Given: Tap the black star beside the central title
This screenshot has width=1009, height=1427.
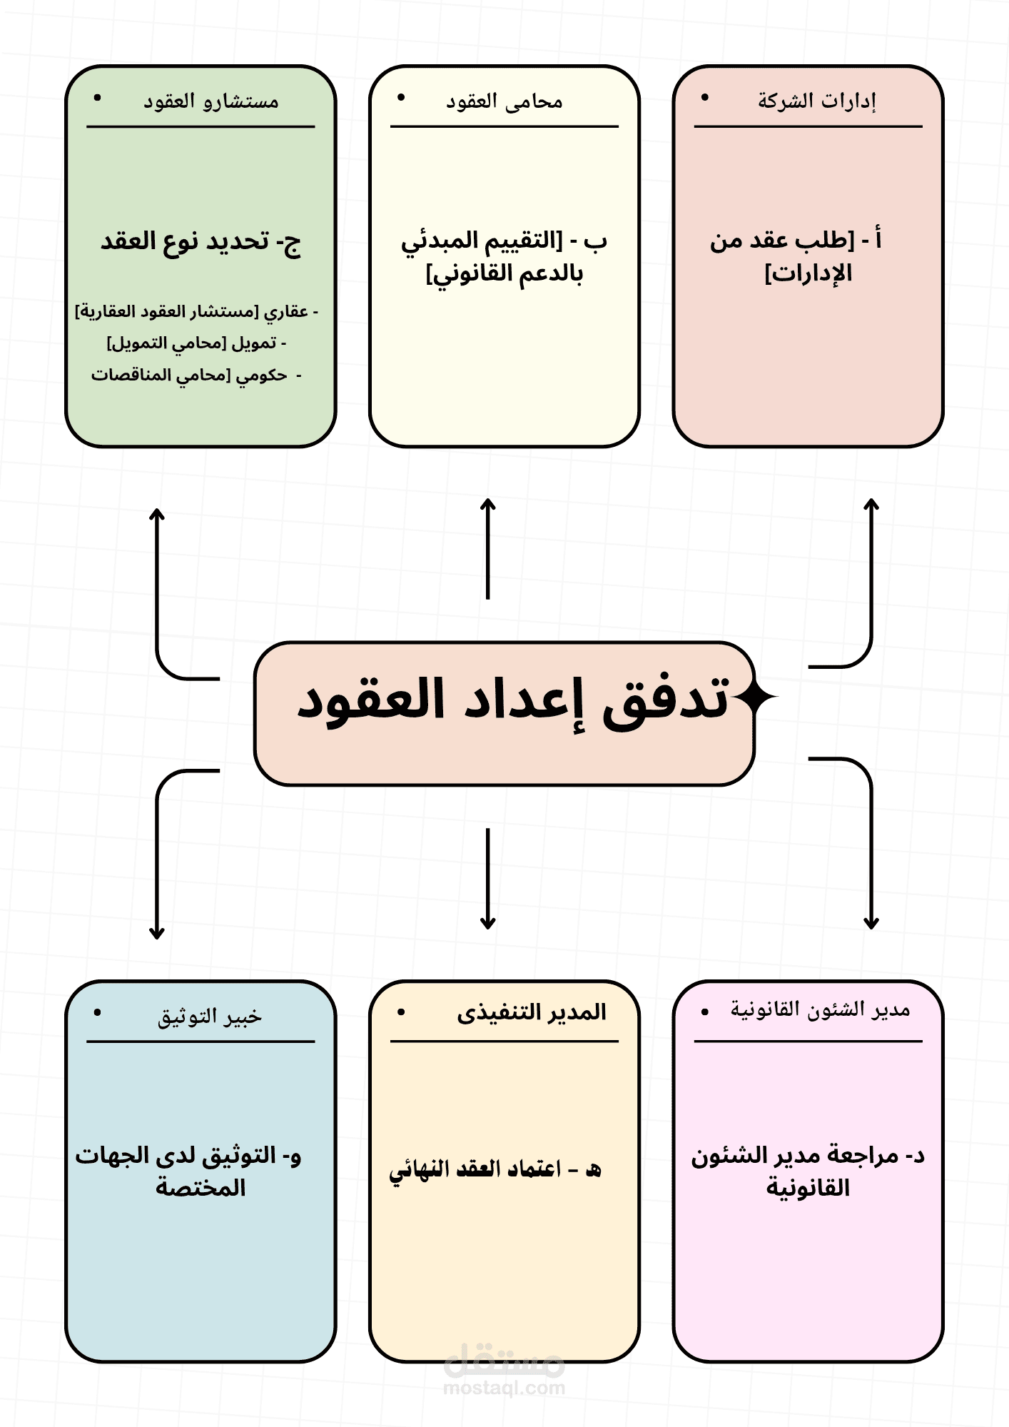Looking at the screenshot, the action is click(758, 697).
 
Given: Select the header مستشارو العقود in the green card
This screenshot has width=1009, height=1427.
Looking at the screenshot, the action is click(211, 101).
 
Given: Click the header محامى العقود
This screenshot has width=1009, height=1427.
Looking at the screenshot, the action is click(505, 101).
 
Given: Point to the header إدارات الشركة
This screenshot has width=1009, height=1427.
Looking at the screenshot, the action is click(816, 101).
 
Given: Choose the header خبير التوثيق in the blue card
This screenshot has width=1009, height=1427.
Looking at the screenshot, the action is click(210, 1016).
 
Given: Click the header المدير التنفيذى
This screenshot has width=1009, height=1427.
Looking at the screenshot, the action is click(532, 1013).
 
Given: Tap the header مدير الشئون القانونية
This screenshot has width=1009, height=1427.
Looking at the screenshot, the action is click(820, 1010).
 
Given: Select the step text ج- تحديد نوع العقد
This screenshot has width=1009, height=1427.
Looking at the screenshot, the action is click(201, 242).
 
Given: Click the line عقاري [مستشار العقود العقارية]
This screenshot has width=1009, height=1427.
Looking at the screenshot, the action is click(196, 312).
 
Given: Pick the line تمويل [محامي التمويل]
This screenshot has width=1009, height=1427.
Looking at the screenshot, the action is click(196, 343).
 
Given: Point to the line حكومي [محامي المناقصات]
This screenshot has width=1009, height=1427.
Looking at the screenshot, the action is click(196, 375).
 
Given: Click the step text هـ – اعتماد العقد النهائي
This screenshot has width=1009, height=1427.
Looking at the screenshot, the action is click(495, 1169).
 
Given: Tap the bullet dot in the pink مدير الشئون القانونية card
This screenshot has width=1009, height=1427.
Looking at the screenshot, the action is click(705, 1012).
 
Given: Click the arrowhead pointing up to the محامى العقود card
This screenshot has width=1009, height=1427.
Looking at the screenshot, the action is click(488, 503).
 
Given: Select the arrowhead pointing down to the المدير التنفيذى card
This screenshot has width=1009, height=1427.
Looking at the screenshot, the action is click(488, 924).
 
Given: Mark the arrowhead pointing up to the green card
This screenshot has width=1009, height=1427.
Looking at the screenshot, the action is click(157, 513).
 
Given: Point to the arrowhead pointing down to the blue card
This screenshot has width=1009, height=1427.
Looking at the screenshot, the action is click(157, 934).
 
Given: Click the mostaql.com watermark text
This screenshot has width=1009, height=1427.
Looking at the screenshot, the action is click(504, 1388).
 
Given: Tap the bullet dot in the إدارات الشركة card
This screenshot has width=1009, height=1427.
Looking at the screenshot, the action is click(705, 98).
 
